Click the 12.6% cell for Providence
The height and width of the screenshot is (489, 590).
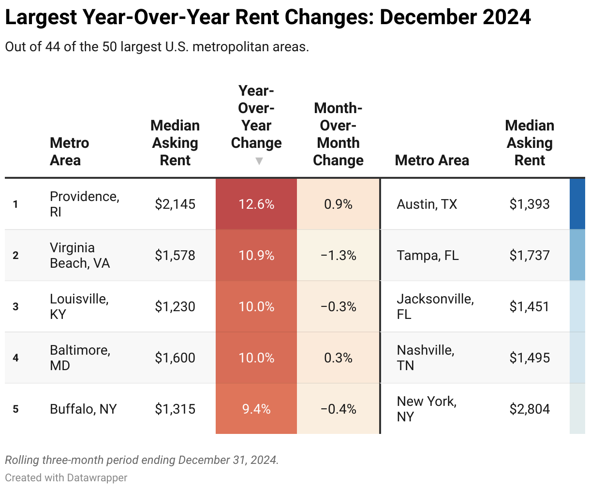click(x=256, y=204)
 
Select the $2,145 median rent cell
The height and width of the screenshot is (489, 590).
click(x=175, y=204)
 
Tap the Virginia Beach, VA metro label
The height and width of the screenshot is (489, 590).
click(x=80, y=255)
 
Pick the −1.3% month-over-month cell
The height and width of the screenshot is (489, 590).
click(x=338, y=256)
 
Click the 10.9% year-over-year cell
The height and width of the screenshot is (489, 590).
click(x=256, y=256)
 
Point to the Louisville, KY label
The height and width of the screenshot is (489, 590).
click(x=79, y=306)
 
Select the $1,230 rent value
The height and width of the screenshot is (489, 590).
click(x=175, y=307)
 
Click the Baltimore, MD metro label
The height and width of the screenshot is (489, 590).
click(x=80, y=358)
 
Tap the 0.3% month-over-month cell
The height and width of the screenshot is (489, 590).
click(x=338, y=358)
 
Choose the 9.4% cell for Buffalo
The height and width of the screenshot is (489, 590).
click(x=256, y=409)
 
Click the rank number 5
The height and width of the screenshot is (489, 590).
click(x=15, y=409)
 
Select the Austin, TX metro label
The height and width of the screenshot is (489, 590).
click(x=427, y=204)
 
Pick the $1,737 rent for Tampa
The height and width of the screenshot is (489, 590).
click(x=530, y=256)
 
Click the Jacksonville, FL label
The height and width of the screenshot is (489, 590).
click(x=435, y=306)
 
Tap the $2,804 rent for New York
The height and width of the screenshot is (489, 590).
click(x=530, y=409)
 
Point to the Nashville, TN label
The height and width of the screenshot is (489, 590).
click(x=425, y=358)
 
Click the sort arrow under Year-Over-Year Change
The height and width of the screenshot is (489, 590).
click(x=259, y=161)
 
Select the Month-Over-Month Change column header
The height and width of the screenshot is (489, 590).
click(x=338, y=134)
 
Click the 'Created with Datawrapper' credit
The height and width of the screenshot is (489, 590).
click(x=66, y=478)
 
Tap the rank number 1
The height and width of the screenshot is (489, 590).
click(x=15, y=204)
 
